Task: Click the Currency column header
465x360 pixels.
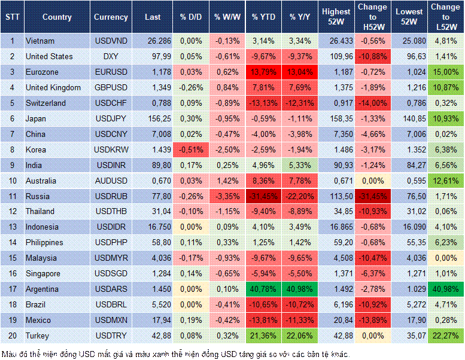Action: click(111, 17)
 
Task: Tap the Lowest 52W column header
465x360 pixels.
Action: click(410, 17)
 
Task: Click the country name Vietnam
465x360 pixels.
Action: click(40, 41)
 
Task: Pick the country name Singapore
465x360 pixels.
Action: click(44, 273)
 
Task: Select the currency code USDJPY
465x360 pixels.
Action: click(110, 118)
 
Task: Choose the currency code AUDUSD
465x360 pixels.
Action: click(110, 181)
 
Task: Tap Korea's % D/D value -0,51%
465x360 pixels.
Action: click(191, 150)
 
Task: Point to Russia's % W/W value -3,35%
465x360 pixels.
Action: click(227, 196)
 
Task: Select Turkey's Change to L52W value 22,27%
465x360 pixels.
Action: click(446, 335)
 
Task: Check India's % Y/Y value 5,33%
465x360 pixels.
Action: click(300, 165)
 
